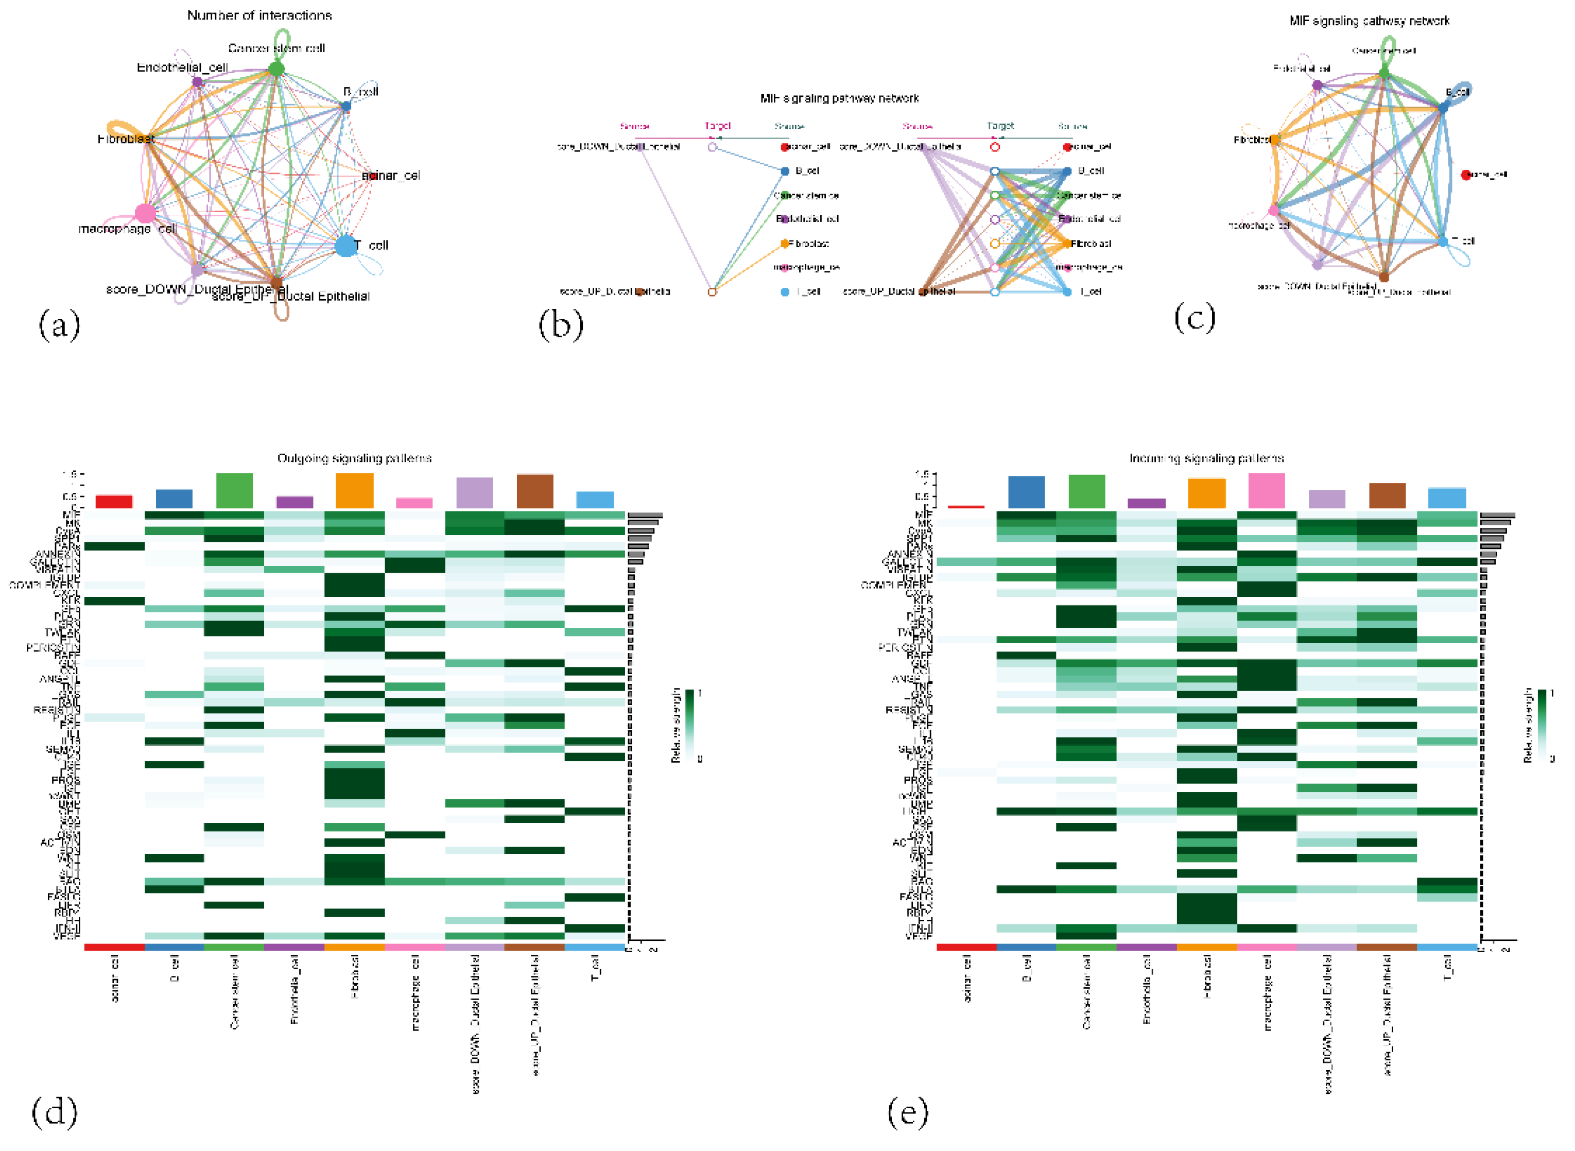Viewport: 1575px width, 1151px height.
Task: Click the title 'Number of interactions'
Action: pos(259,15)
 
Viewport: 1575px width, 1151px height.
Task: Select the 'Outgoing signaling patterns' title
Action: pos(355,458)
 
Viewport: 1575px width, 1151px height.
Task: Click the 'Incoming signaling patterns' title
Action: pos(1206,458)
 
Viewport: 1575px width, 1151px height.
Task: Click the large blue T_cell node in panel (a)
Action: pos(346,245)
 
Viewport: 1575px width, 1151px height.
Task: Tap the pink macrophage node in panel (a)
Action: pos(145,213)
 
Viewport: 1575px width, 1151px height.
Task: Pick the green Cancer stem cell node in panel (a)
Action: pos(276,68)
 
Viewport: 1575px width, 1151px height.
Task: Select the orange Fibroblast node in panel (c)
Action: pos(1274,140)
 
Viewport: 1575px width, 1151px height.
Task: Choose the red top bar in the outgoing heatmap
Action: pos(114,501)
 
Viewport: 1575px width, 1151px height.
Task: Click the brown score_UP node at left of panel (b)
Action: pos(639,291)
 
